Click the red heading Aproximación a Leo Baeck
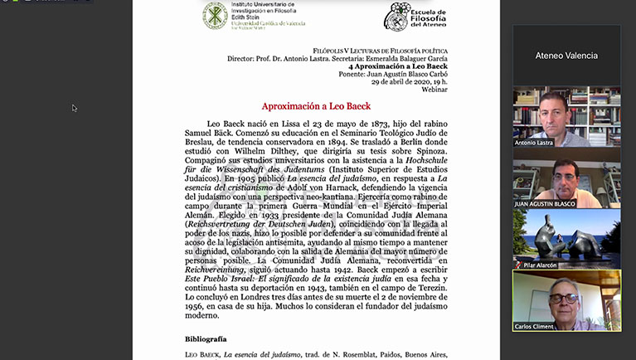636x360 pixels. coord(316,106)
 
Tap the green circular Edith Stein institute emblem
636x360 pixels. coord(216,16)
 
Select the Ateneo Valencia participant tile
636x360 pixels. coord(566,56)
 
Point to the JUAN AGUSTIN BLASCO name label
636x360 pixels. coord(543,203)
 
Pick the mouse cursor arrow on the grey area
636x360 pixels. coord(75,108)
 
